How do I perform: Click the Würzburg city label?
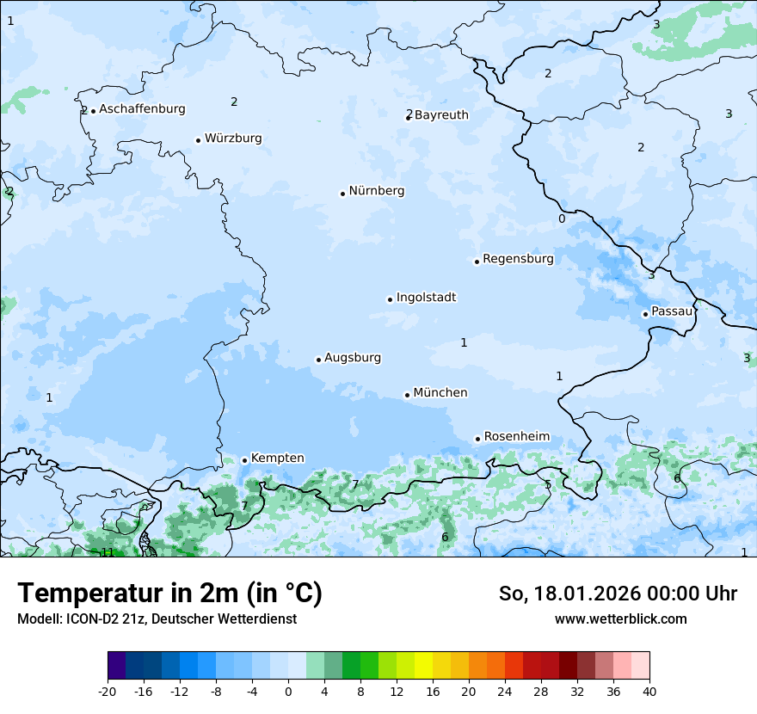coord(233,138)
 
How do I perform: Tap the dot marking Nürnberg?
coord(342,194)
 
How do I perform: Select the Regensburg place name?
coord(518,259)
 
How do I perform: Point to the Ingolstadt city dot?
coord(390,299)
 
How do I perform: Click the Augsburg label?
coord(353,358)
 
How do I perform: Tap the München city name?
coord(440,393)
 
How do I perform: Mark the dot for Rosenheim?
coord(477,439)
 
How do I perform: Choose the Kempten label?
coord(277,459)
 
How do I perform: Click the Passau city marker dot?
coord(645,314)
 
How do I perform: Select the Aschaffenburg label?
coord(142,109)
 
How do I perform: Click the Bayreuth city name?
coord(441,115)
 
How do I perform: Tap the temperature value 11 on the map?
coord(108,552)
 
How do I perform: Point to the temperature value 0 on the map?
coord(562,219)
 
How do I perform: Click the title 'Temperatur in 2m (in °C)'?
coord(169,594)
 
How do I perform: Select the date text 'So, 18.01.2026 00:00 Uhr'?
coord(618,594)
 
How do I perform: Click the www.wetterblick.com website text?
coord(620,619)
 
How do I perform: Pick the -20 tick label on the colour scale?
coord(108,692)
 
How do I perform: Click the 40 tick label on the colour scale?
coord(649,692)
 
